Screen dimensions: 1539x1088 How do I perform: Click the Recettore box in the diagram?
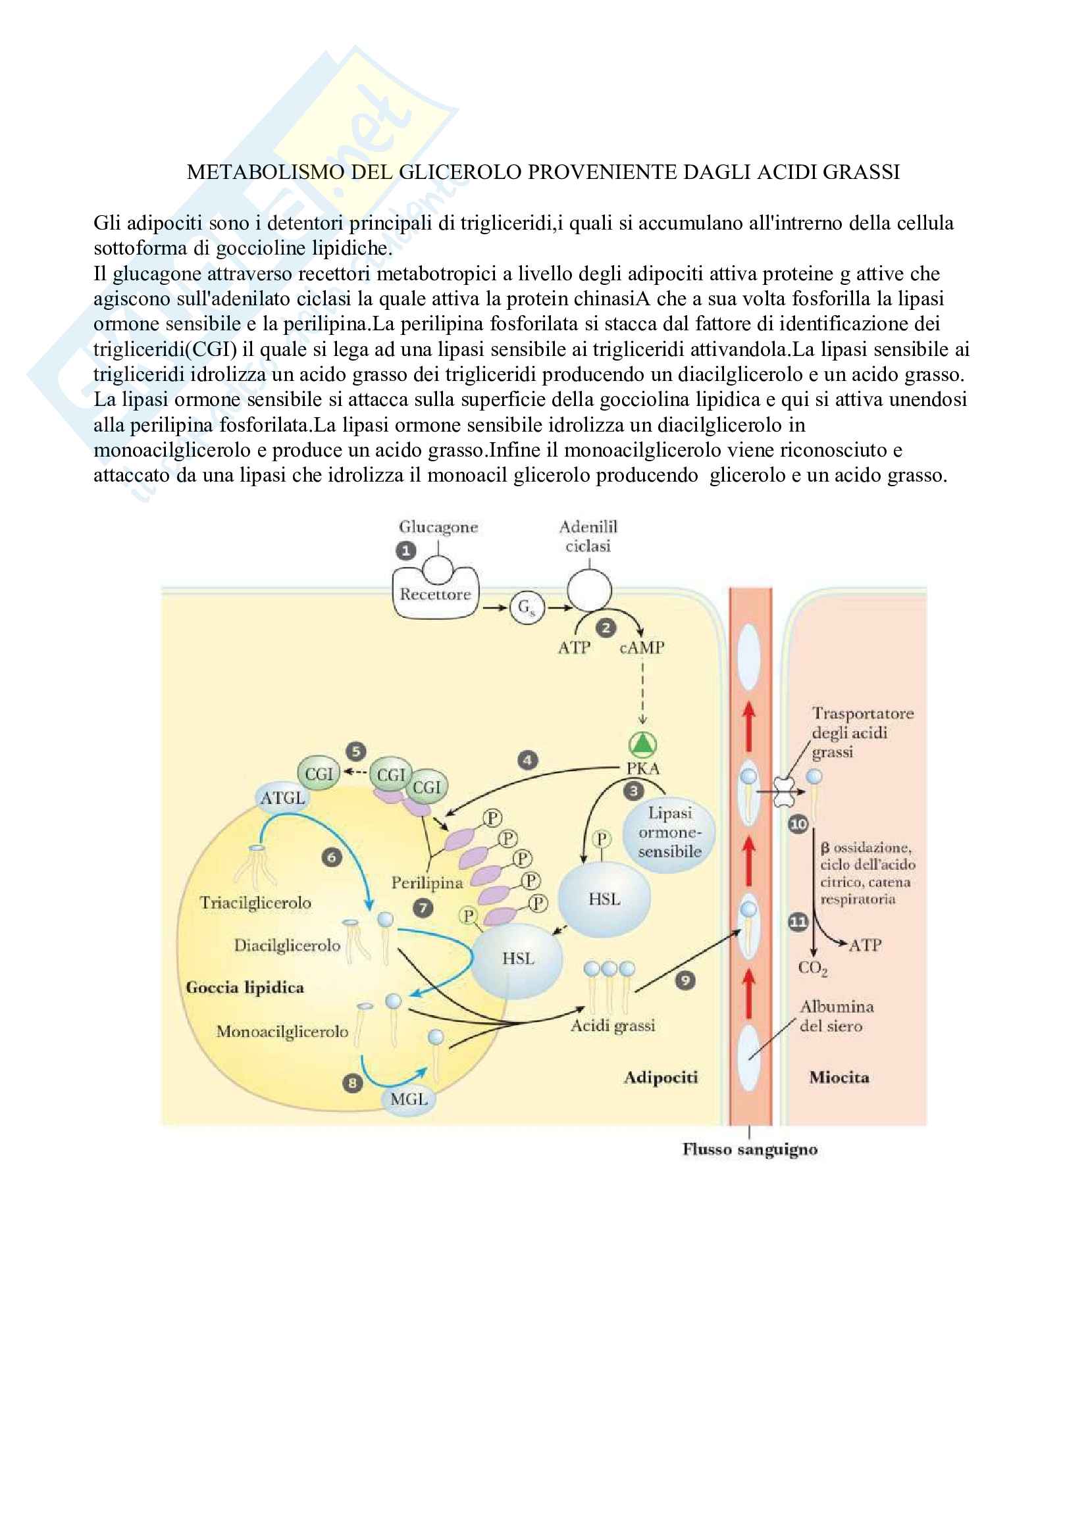[x=435, y=595]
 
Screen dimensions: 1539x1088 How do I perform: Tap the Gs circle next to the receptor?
[x=527, y=608]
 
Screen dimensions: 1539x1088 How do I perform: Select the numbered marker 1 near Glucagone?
[x=405, y=551]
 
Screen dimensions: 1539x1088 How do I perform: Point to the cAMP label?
[x=642, y=647]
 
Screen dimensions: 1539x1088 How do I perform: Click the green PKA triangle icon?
[x=642, y=744]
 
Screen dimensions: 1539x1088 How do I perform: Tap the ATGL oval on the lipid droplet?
[x=282, y=798]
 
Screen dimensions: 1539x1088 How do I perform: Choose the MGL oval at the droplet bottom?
[x=408, y=1099]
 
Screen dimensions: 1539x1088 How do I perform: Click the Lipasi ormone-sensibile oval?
[x=669, y=832]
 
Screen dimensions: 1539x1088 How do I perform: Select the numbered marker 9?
[x=685, y=981]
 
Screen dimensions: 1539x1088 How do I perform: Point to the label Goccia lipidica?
[x=245, y=988]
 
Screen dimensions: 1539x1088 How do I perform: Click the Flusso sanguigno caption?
[x=750, y=1149]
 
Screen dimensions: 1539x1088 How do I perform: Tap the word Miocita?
[x=839, y=1078]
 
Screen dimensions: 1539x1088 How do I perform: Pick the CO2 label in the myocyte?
[x=812, y=968]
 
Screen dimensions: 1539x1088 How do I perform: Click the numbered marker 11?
[x=798, y=922]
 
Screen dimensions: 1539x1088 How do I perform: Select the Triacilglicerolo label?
[x=255, y=903]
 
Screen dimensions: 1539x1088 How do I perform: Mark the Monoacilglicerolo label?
[x=282, y=1032]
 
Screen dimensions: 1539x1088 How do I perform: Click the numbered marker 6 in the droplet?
[x=331, y=857]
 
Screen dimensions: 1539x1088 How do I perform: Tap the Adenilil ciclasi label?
[x=588, y=536]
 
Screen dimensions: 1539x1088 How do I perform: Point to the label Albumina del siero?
[x=835, y=1016]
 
